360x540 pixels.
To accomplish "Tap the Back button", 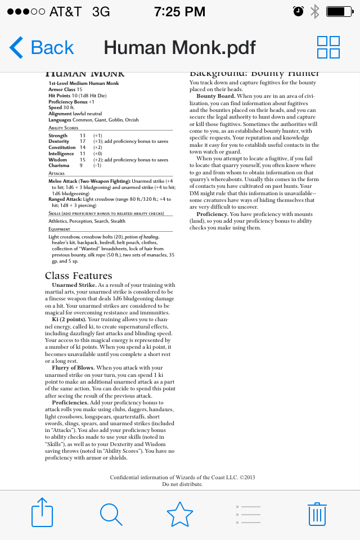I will coord(42,48).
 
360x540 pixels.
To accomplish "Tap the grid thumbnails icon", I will coord(328,47).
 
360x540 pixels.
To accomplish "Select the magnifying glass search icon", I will coord(111,514).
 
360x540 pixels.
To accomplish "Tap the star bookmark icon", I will coord(180,514).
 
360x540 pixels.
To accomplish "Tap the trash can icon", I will coord(317,514).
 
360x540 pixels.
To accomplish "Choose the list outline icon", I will coord(248,514).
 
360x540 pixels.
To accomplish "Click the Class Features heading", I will coord(79,276).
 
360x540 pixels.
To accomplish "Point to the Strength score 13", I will coord(83,136).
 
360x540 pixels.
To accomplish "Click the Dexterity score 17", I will coord(83,142).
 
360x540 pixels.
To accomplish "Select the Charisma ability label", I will coord(59,166).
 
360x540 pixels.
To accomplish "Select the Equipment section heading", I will coord(60,229).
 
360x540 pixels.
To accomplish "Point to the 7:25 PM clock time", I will coord(180,12).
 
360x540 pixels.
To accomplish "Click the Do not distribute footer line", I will coord(182,484).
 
